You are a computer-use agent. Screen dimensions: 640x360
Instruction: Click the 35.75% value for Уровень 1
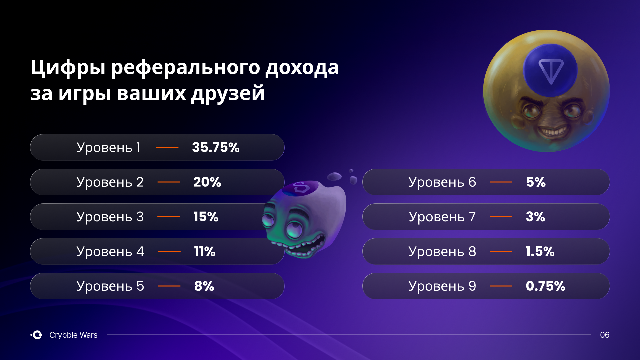click(x=216, y=147)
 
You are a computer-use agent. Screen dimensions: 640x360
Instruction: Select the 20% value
click(x=207, y=182)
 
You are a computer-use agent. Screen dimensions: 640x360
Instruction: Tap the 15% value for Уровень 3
click(x=206, y=217)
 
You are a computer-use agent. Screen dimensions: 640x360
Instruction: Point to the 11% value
click(x=205, y=251)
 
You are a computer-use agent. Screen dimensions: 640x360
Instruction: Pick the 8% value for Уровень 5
click(x=204, y=286)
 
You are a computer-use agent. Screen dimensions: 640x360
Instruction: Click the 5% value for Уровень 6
click(x=536, y=182)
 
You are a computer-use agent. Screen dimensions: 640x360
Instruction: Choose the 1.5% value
click(x=540, y=251)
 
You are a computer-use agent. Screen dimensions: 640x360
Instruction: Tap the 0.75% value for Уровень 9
click(x=545, y=286)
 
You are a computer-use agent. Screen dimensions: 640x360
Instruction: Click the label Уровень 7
click(x=442, y=217)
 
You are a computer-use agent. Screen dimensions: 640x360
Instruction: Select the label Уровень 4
click(x=110, y=252)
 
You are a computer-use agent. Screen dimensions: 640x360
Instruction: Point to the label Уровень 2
click(x=110, y=182)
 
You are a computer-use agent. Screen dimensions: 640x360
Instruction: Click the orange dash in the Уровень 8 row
click(x=501, y=251)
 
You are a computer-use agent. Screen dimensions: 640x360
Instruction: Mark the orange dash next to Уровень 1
click(x=167, y=147)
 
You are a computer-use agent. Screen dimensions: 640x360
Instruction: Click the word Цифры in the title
click(x=68, y=68)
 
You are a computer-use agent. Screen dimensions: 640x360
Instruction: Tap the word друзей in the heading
click(x=228, y=93)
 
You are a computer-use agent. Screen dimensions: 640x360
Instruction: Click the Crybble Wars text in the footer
click(x=73, y=335)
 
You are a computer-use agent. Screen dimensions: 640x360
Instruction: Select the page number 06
click(x=605, y=335)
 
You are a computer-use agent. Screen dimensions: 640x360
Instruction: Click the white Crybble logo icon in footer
click(x=37, y=335)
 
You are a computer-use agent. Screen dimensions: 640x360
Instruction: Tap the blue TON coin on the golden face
click(x=550, y=70)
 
